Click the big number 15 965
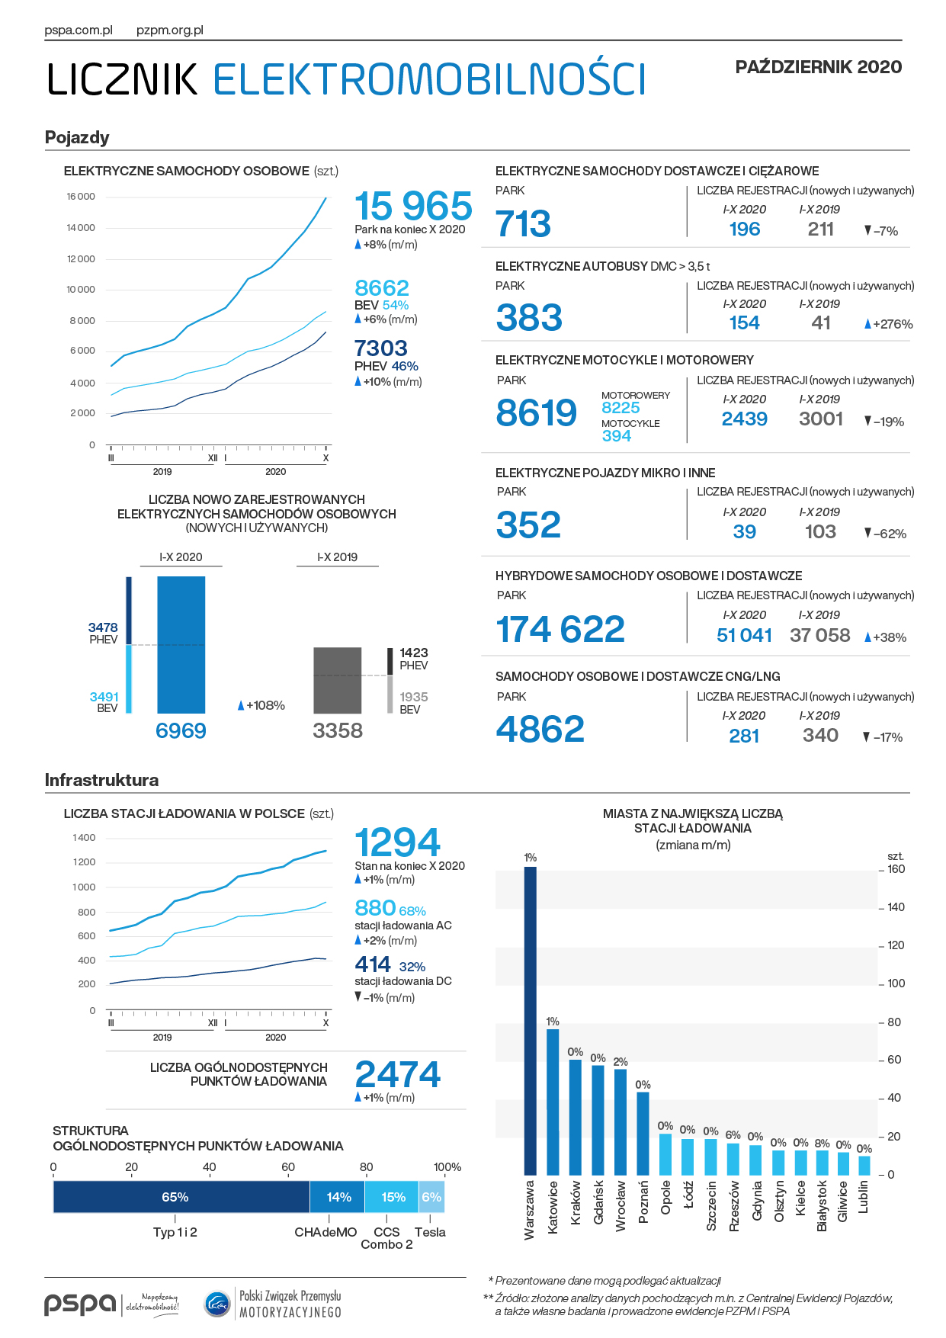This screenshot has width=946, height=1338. point(413,206)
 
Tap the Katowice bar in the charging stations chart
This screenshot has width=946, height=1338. point(553,1102)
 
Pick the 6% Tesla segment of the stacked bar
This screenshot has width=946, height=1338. point(431,1197)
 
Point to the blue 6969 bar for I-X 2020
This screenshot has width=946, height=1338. point(181,644)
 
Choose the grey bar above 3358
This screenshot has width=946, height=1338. point(338,680)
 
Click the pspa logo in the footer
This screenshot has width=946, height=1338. point(80,1304)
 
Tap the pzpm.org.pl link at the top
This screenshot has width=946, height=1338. point(170,30)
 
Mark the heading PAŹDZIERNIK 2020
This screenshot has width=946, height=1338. point(818,67)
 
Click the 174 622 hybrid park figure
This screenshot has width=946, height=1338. point(560,630)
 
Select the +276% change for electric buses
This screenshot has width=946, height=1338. point(889,324)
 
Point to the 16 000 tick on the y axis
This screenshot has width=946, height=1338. point(81,197)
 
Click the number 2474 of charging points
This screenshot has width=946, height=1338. point(397,1074)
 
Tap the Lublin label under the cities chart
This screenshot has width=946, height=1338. point(864,1197)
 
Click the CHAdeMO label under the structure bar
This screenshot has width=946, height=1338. point(325,1232)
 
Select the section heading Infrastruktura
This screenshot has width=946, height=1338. point(101,780)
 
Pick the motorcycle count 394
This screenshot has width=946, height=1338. point(617,436)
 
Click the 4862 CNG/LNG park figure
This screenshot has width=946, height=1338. point(540,729)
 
